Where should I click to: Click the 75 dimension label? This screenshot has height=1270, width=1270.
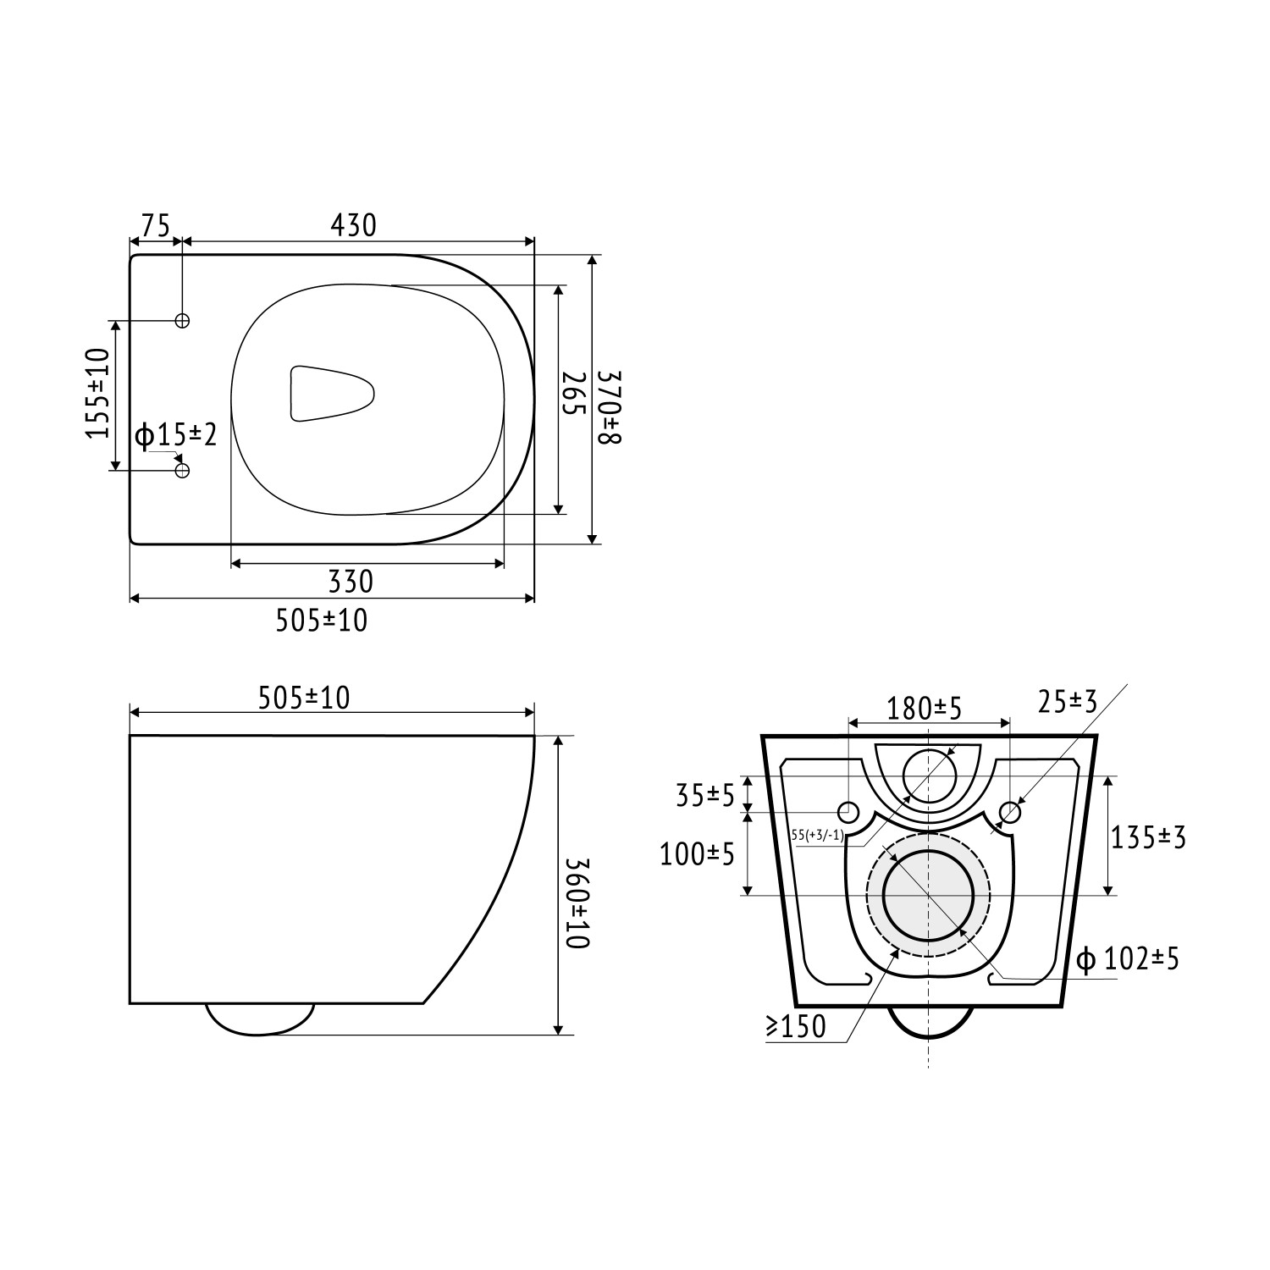[x=156, y=226]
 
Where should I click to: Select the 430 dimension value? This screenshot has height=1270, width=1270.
[x=352, y=225]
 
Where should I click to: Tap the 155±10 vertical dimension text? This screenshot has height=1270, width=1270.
[x=98, y=393]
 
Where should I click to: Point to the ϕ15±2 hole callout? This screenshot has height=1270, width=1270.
[x=176, y=435]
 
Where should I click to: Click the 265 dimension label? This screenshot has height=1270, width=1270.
[x=573, y=394]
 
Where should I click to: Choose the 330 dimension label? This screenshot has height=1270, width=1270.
[x=350, y=583]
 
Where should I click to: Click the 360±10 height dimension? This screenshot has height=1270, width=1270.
[x=575, y=903]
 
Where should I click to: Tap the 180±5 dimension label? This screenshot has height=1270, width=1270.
[x=925, y=708]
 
